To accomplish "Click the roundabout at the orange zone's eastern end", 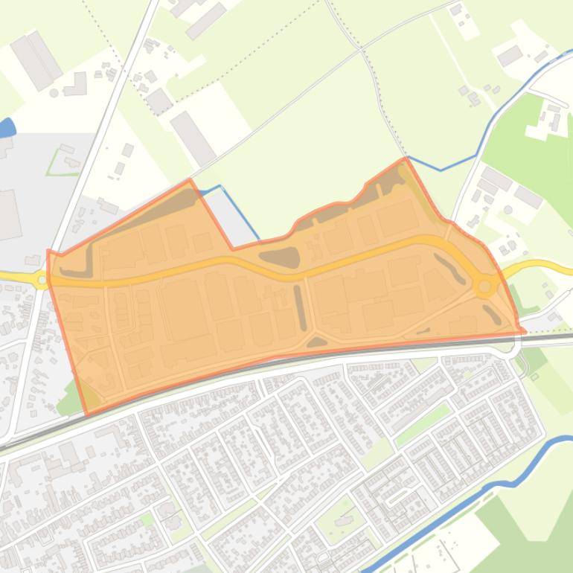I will click(485, 285).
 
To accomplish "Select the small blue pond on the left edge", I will click(7, 128).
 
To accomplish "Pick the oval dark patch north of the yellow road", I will click(280, 257).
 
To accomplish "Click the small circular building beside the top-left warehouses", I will click(54, 93).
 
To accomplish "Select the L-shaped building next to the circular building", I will click(76, 85).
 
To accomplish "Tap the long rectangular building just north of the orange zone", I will click(193, 138).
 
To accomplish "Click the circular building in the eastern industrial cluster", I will click(508, 210).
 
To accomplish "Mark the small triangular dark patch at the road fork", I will click(316, 342).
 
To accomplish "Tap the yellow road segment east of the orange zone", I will click(543, 266).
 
